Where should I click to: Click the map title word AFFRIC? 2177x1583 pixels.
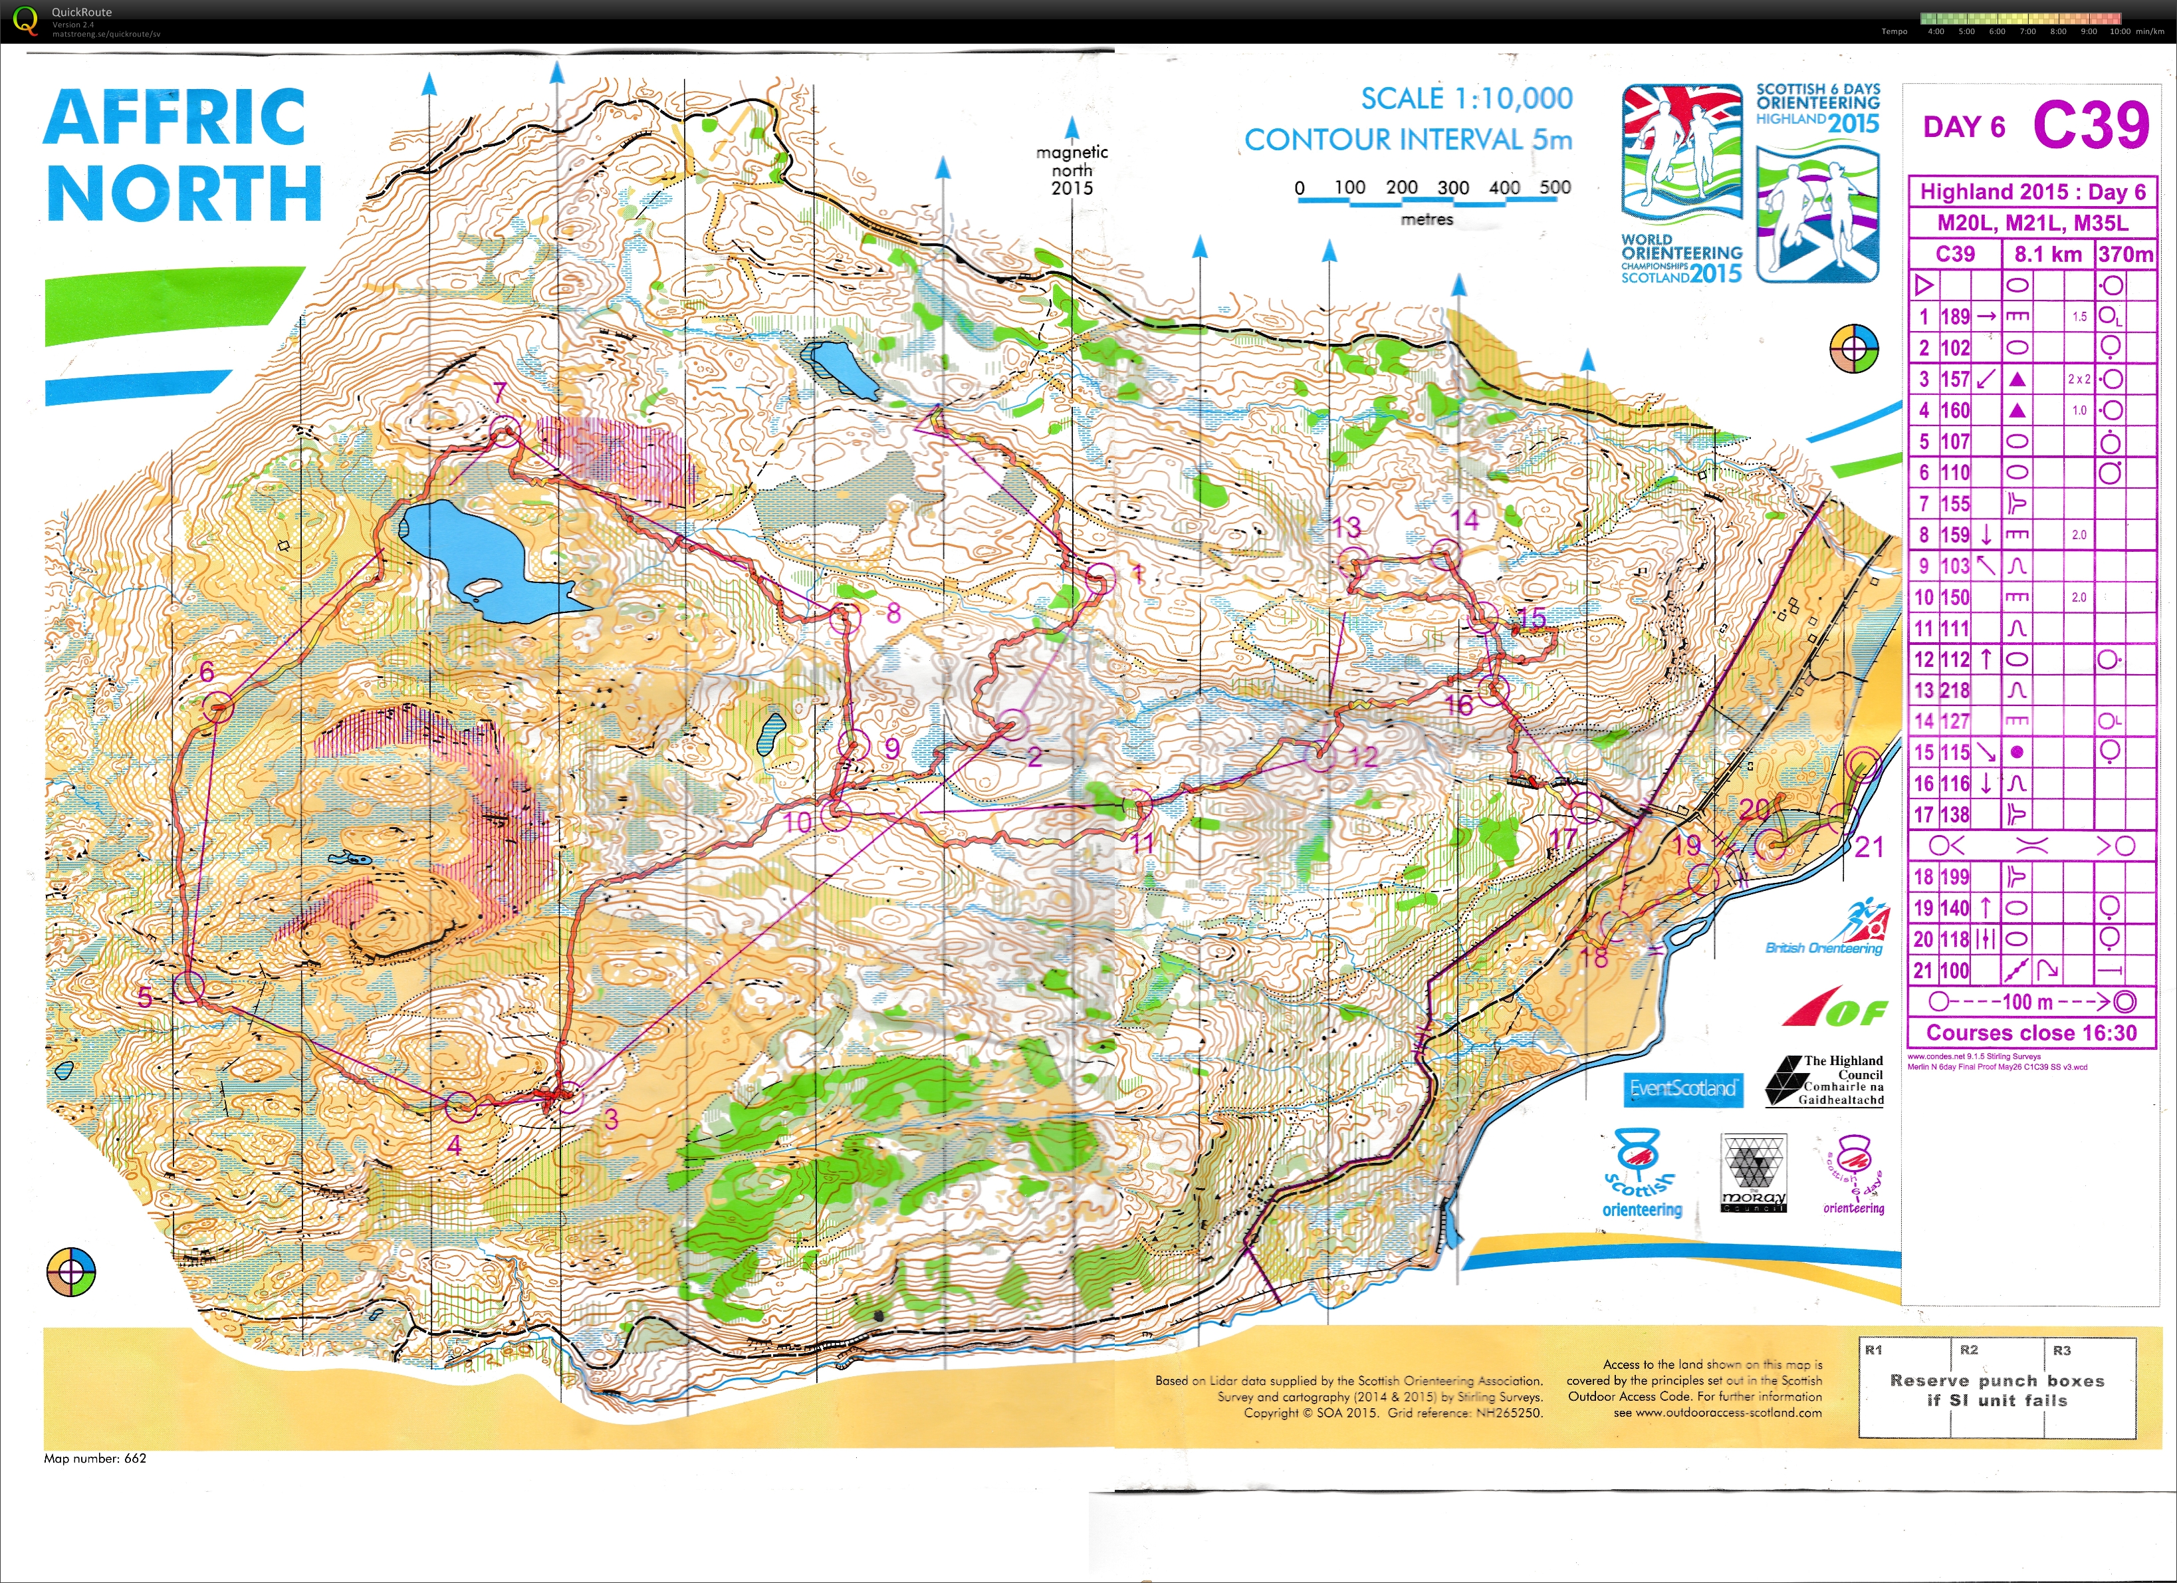175,117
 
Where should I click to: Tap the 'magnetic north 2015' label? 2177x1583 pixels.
1072,170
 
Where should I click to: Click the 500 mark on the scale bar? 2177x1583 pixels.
1555,188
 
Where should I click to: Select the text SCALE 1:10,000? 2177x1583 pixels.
1466,98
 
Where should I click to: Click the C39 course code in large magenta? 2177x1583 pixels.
2091,126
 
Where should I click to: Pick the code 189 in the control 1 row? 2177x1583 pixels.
1954,316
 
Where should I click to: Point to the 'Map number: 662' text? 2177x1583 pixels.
95,1458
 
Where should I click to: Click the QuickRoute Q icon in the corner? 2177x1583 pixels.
25,19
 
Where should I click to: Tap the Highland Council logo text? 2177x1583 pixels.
1841,1080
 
